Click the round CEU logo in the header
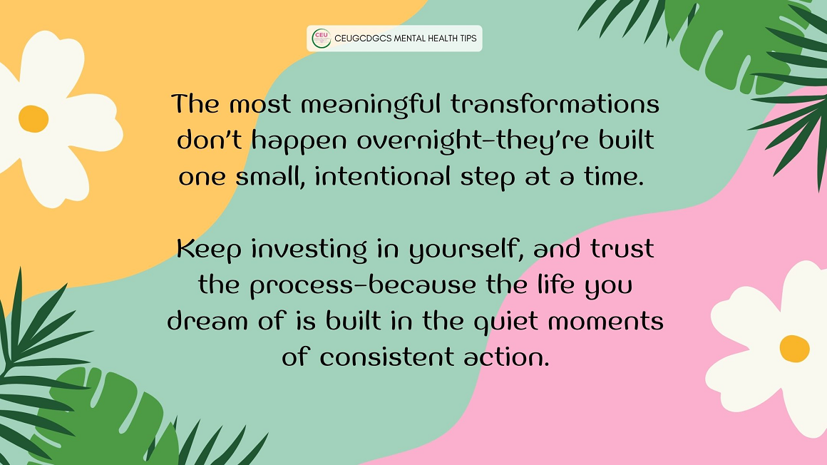pyautogui.click(x=322, y=39)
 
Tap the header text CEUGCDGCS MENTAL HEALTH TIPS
pyautogui.click(x=406, y=39)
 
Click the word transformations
pyautogui.click(x=555, y=103)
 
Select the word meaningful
pyautogui.click(x=370, y=105)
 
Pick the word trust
pyautogui.click(x=622, y=249)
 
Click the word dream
pyautogui.click(x=207, y=321)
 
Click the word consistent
pyautogui.click(x=386, y=357)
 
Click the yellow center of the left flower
pyautogui.click(x=34, y=119)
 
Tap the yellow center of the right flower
pyautogui.click(x=794, y=349)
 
